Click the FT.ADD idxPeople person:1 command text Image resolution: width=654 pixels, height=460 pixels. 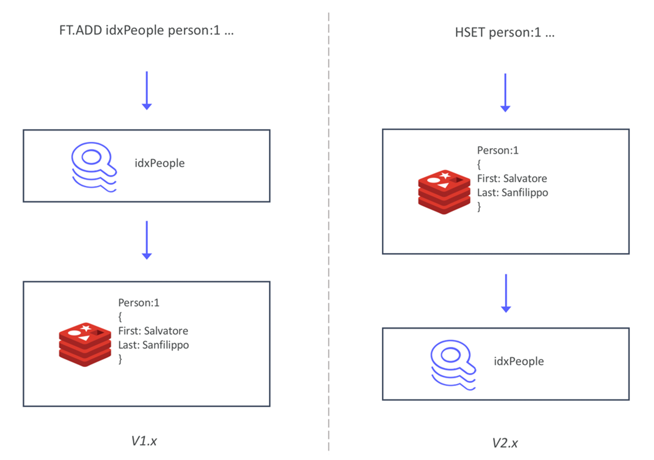[146, 30]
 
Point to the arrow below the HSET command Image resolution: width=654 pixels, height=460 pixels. [505, 93]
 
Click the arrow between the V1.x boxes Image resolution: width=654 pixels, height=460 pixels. [147, 240]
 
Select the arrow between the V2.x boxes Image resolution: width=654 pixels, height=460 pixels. [506, 293]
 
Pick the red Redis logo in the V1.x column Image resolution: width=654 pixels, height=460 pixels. [85, 344]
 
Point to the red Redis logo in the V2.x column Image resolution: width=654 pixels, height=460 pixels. [444, 192]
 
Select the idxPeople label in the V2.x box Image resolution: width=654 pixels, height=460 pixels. [519, 361]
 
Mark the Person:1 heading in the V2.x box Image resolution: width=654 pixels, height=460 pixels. [498, 150]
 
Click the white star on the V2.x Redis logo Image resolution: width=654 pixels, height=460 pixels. [445, 175]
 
